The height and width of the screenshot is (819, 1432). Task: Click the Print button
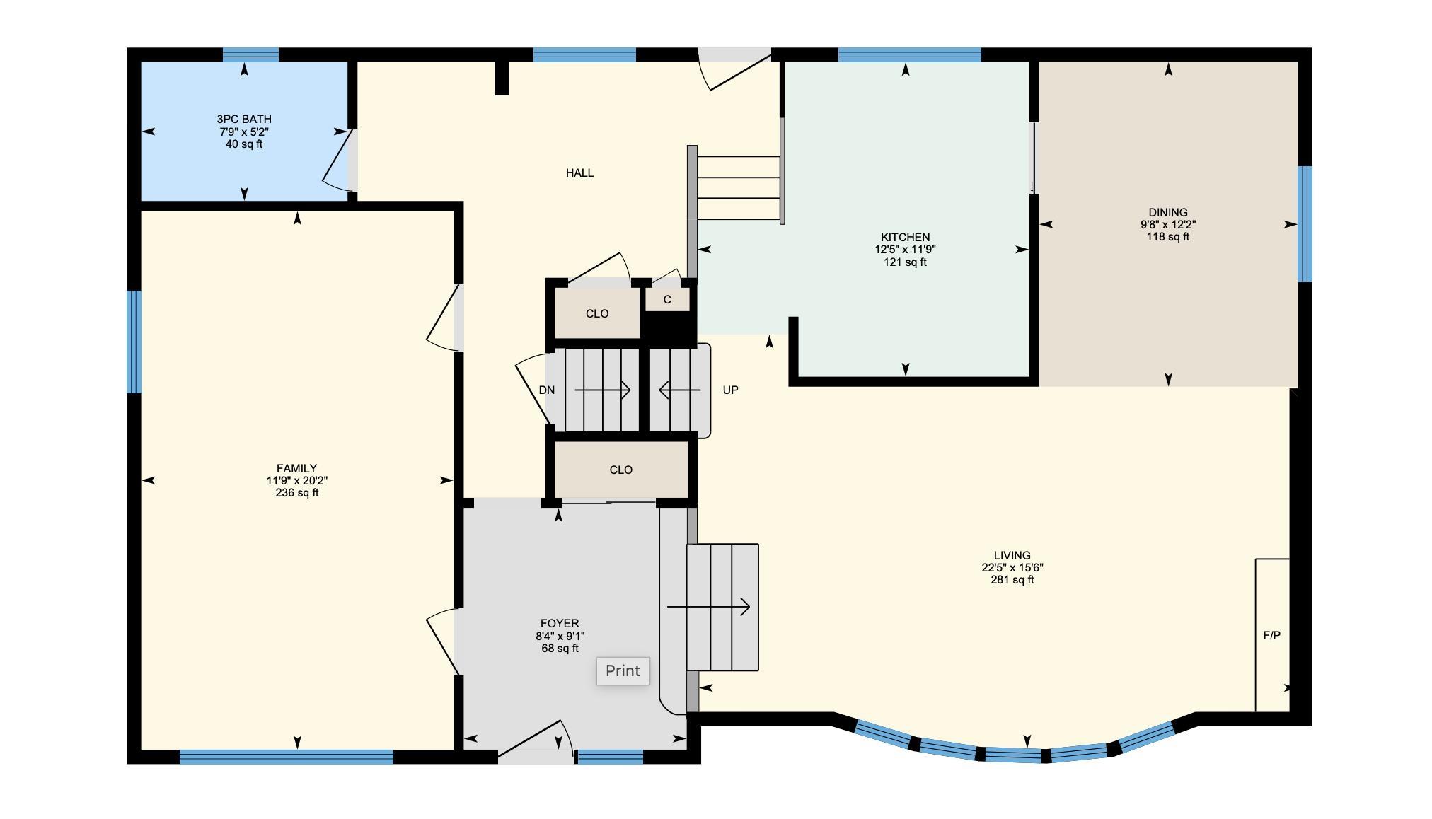[623, 670]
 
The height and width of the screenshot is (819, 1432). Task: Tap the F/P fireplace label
[1271, 635]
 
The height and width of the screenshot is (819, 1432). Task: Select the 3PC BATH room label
[244, 119]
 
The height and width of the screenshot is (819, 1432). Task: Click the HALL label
[579, 173]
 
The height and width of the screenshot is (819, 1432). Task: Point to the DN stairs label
[546, 390]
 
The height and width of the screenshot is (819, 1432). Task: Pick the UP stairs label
[730, 390]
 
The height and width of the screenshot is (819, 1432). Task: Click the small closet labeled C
[667, 299]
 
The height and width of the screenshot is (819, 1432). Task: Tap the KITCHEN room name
[905, 237]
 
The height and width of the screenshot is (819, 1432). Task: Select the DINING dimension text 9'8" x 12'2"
[1168, 224]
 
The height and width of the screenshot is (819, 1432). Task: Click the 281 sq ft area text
[1012, 580]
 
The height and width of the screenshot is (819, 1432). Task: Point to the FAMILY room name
[296, 468]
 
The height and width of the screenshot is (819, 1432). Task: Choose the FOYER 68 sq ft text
[560, 649]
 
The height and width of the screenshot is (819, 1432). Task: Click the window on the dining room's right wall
[1305, 224]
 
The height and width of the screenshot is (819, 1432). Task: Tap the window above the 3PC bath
[250, 54]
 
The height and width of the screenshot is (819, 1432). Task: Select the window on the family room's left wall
[134, 342]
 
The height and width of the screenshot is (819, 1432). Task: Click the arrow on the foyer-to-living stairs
[708, 607]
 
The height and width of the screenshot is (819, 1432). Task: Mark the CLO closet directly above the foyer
[620, 470]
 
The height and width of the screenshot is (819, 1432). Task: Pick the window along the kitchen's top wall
[910, 54]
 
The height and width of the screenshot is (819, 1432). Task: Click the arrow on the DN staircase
[602, 390]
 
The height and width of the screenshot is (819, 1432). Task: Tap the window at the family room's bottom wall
[287, 757]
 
